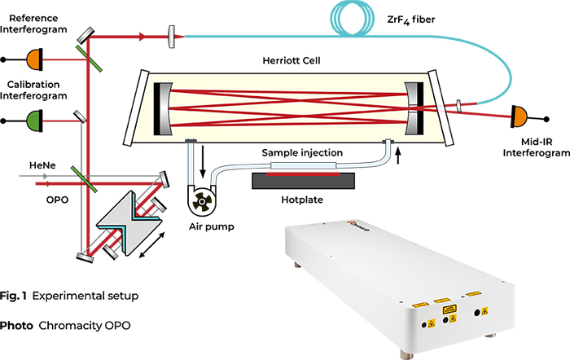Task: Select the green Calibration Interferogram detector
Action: tap(35, 119)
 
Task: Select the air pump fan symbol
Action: tap(200, 195)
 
